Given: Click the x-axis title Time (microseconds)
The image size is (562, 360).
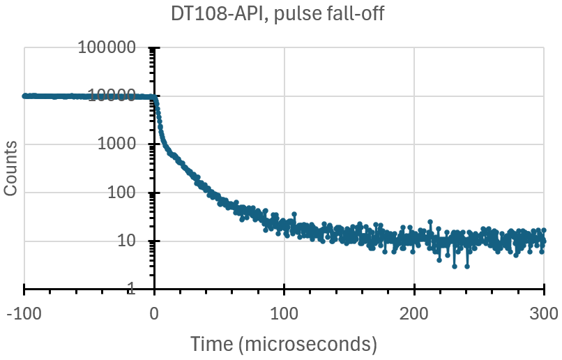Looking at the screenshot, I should point(284,343).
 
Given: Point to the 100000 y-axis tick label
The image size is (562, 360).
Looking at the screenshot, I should point(116,48).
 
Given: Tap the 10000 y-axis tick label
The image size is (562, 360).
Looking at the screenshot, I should point(120,96).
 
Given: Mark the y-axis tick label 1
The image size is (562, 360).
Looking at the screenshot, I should point(139,289).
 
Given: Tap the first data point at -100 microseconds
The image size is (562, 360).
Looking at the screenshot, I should point(24,96).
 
